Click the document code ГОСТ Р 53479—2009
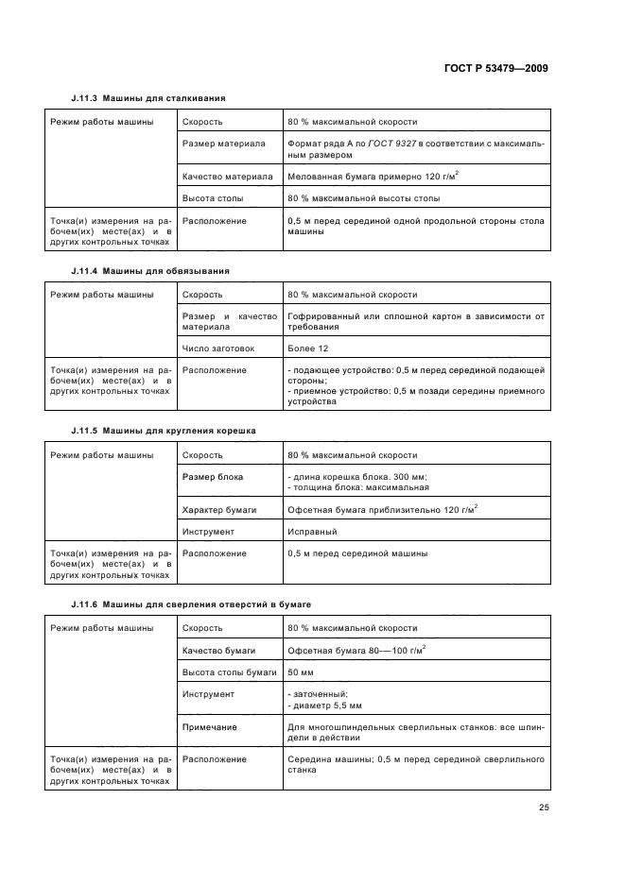pos(495,69)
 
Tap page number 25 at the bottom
pos(544,807)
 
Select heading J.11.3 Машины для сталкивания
pos(148,97)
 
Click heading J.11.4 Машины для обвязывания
pos(150,271)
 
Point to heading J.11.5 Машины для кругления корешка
pos(163,431)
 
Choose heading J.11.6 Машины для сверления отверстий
pos(190,603)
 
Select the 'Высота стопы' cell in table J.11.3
pos(213,198)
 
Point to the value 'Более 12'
pos(308,348)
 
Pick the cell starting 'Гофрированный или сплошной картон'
pos(415,321)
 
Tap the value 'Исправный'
pos(312,532)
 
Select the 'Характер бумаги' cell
pos(220,509)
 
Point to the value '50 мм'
pos(301,672)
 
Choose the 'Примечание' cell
pos(209,727)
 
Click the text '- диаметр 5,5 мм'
pos(323,705)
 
